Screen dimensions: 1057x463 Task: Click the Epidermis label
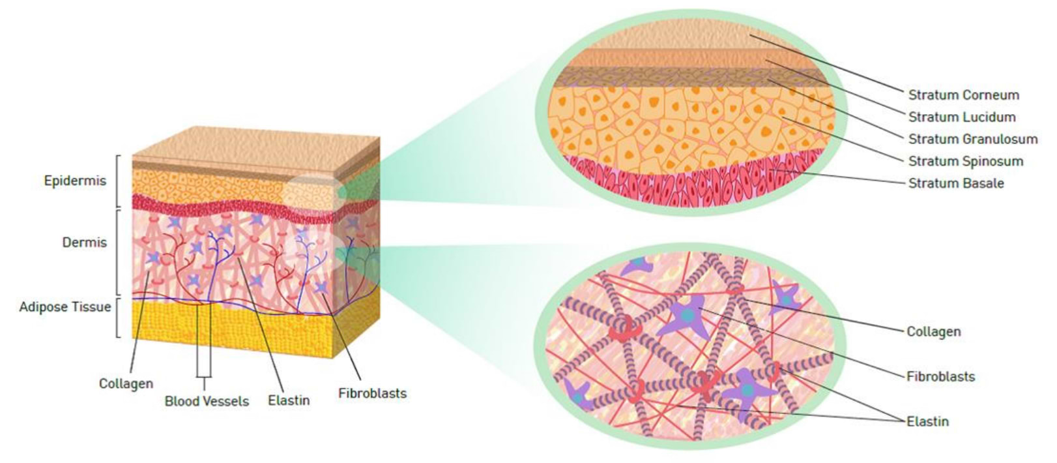point(75,181)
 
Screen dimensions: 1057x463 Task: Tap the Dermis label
point(85,242)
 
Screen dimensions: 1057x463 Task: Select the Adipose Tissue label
point(65,306)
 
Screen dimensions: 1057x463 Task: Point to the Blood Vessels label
point(207,401)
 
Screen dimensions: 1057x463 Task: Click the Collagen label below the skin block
point(126,383)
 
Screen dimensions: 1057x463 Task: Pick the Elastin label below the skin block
point(289,400)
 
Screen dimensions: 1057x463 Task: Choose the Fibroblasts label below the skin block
point(372,393)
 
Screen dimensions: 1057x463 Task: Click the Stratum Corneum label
point(964,95)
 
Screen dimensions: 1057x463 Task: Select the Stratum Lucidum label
point(962,117)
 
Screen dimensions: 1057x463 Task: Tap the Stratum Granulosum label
point(973,140)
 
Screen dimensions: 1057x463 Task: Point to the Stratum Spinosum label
point(966,162)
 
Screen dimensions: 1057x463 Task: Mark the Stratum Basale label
point(956,183)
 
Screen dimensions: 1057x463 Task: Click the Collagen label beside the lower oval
point(933,332)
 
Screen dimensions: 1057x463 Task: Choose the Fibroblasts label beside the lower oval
point(940,377)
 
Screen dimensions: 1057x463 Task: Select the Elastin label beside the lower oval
point(927,421)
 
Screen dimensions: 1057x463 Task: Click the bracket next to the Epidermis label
point(117,181)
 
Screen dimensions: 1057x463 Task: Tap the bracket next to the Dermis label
point(117,252)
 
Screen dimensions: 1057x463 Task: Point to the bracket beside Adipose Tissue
point(117,318)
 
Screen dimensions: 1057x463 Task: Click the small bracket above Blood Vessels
point(204,377)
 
